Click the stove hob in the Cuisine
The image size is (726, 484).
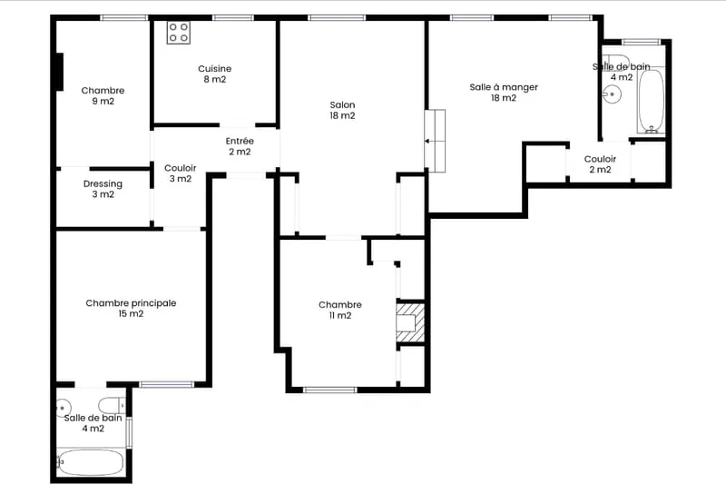point(178,33)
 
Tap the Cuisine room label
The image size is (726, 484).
point(215,74)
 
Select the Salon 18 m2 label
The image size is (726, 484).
point(343,110)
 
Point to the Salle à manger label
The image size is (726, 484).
point(504,92)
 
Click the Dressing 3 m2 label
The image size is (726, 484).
point(103,189)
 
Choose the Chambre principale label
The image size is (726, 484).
point(131,309)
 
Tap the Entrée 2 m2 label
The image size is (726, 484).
point(240,146)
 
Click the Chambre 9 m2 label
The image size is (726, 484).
point(103,96)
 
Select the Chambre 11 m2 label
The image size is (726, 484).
point(340,310)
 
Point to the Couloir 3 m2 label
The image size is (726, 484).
point(181,173)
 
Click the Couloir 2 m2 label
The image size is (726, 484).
point(600,164)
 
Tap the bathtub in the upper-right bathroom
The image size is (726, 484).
point(652,100)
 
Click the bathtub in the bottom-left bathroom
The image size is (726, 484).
point(91,462)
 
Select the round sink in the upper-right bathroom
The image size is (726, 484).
point(613,94)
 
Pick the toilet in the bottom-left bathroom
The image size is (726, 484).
point(112,405)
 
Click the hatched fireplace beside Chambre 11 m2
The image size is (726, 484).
point(410,323)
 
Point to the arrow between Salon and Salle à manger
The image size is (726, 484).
point(430,141)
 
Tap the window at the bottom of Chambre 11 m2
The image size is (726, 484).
point(330,390)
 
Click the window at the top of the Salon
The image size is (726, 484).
point(337,18)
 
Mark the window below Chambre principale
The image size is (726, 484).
point(167,384)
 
